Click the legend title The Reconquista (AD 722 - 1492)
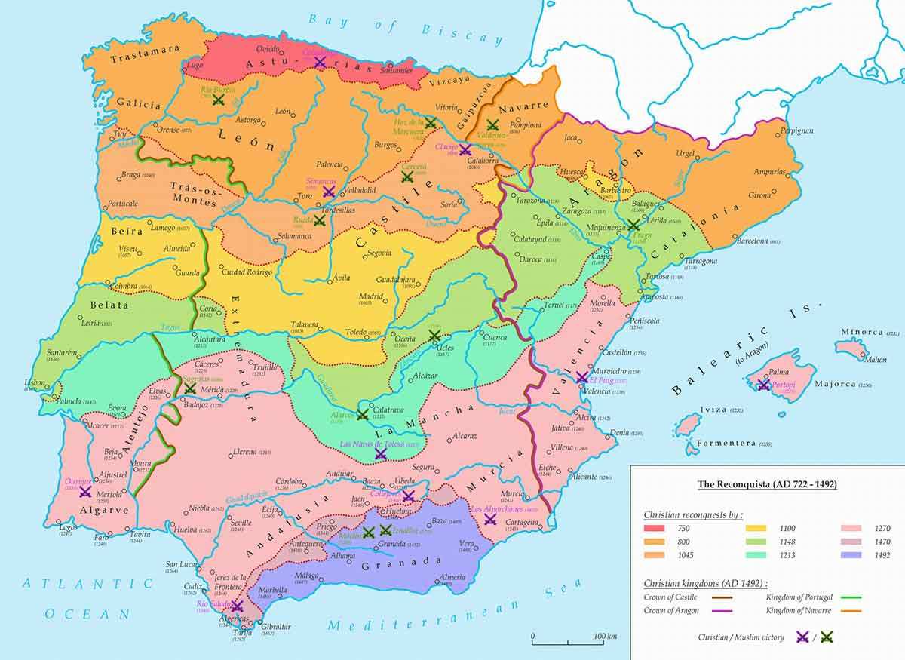767,484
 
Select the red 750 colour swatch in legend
658,529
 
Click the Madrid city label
370,296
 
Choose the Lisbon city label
35,382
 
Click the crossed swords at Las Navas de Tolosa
381,455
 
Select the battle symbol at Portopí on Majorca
763,385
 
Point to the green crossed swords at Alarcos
363,414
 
